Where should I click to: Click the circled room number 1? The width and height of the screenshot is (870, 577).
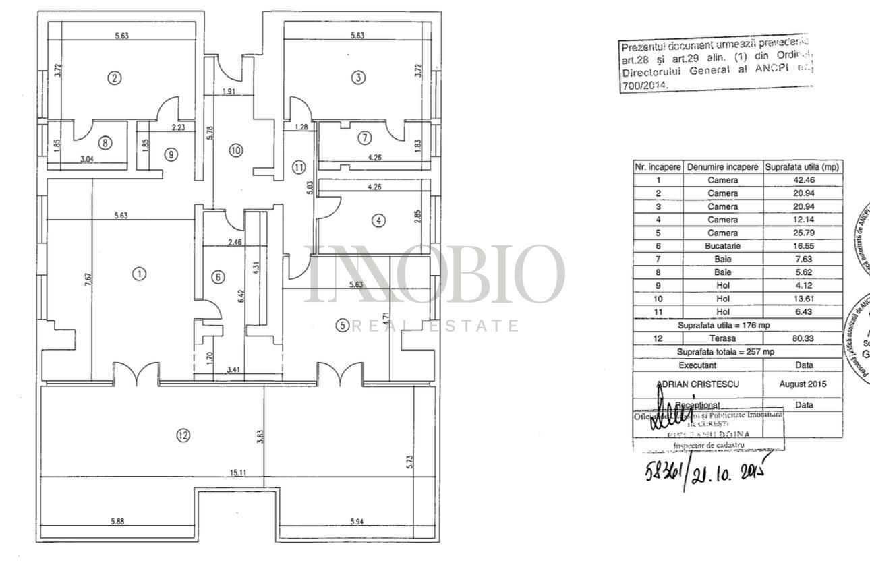[139, 274]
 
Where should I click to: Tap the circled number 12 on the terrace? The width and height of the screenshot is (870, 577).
[183, 435]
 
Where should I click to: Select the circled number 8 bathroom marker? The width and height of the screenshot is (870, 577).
[104, 142]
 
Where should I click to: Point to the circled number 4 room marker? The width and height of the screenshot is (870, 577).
[379, 220]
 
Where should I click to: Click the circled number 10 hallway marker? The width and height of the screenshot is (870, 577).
[235, 150]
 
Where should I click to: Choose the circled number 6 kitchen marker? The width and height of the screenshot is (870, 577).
[216, 277]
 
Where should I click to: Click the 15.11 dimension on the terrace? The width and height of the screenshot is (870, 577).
[237, 473]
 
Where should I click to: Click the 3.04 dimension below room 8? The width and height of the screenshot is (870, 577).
[88, 160]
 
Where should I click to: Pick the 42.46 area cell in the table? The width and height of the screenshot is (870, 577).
[802, 180]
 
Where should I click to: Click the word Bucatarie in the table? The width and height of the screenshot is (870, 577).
[722, 246]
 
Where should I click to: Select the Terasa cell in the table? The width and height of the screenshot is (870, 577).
[722, 338]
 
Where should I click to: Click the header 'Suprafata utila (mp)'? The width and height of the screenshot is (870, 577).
[802, 166]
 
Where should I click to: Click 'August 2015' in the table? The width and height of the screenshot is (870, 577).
[803, 384]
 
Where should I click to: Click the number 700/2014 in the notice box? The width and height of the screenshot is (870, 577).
[643, 86]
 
